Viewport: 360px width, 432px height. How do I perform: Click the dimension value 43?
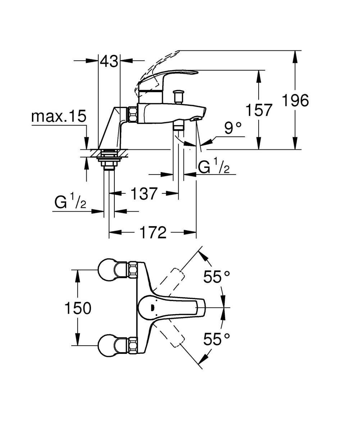click(x=109, y=62)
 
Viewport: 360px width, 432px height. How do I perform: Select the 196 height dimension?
click(x=295, y=100)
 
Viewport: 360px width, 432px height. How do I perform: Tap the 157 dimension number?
click(x=259, y=110)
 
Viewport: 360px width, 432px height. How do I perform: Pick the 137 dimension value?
click(x=144, y=194)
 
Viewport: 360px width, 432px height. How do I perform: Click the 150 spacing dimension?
click(x=78, y=308)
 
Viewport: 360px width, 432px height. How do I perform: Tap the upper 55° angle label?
click(x=217, y=277)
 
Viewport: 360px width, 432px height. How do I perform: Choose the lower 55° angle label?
click(x=217, y=339)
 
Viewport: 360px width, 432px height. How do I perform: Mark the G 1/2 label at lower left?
click(x=70, y=203)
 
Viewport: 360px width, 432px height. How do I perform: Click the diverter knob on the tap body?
click(x=178, y=96)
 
